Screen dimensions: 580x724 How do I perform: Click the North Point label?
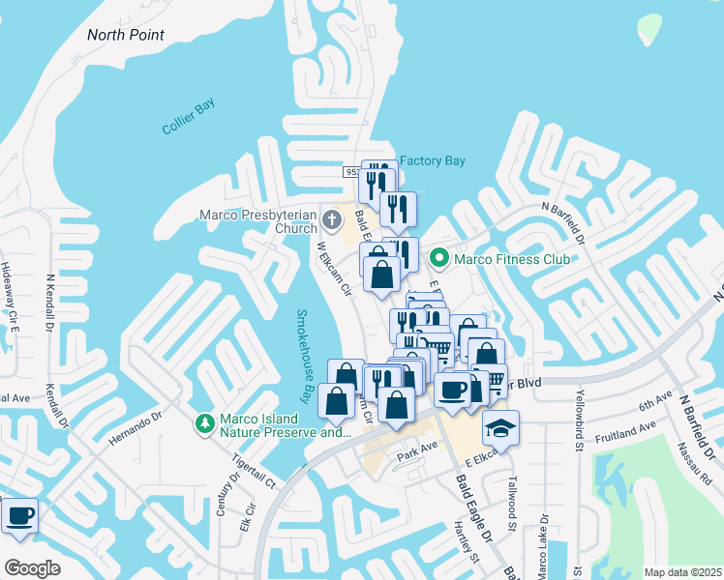tap(126, 35)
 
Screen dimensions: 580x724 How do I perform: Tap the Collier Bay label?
tap(188, 116)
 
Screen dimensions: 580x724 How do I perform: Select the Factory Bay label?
tap(433, 160)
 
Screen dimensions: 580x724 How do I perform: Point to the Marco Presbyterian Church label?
tap(258, 221)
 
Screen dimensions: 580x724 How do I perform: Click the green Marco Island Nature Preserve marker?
tap(204, 422)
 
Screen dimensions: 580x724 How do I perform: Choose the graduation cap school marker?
tap(500, 426)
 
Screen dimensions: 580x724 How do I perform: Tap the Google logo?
tap(32, 567)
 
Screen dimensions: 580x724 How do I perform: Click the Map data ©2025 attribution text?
tap(682, 572)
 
